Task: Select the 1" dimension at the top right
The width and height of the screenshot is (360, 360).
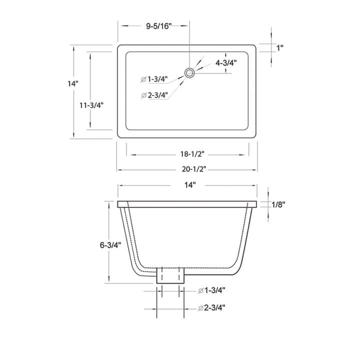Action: pos(280,48)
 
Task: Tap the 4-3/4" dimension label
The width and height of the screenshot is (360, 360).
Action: pos(226,63)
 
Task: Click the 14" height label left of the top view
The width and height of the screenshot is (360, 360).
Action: pos(73,84)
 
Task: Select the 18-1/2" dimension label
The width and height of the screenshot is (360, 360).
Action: pos(188,154)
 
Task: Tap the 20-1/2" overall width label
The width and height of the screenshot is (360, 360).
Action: pos(188,169)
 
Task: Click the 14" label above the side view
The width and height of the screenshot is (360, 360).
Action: pos(188,185)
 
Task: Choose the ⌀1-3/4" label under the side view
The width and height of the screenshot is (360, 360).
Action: pos(211,290)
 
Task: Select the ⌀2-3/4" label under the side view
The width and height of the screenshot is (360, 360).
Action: pos(211,307)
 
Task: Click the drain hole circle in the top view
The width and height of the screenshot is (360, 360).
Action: pos(189,73)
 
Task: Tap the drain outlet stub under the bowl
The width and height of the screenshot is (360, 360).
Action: pos(170,275)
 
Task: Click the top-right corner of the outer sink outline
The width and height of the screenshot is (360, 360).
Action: pos(255,46)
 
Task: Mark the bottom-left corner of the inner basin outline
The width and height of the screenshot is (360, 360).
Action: pos(127,129)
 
